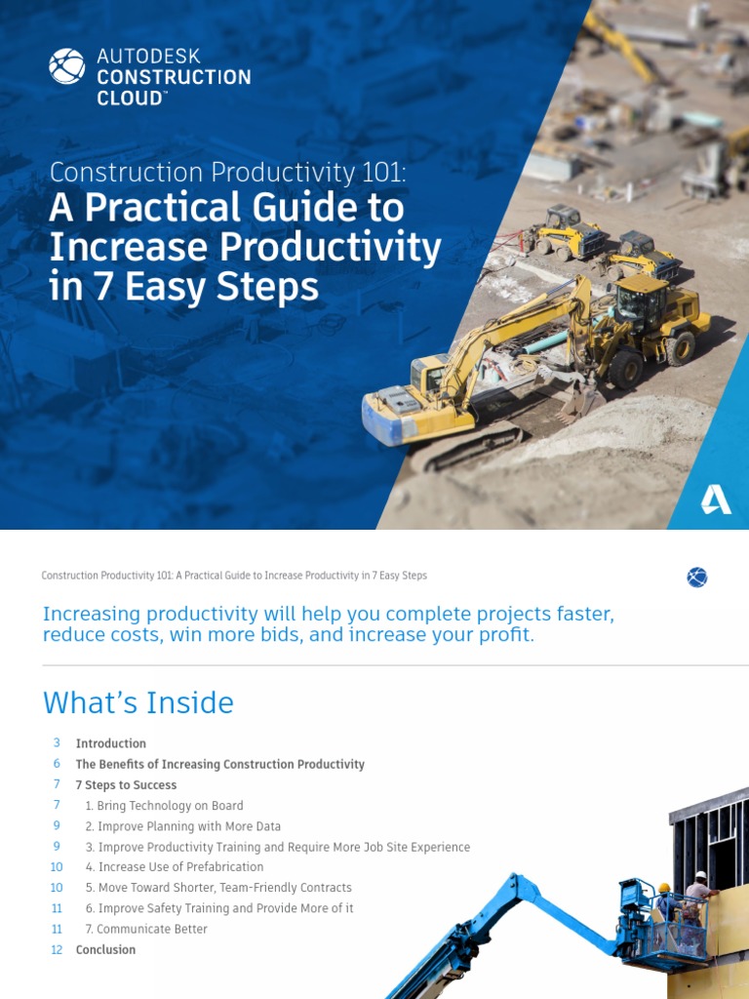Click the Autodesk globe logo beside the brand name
point(67,66)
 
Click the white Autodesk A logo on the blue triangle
point(716,499)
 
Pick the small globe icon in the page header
point(697,578)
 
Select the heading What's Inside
point(138,702)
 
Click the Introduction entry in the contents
point(111,743)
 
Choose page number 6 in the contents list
point(58,764)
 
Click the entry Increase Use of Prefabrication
point(175,867)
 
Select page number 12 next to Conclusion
point(57,950)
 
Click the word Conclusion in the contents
point(106,950)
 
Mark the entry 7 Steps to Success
point(127,785)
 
